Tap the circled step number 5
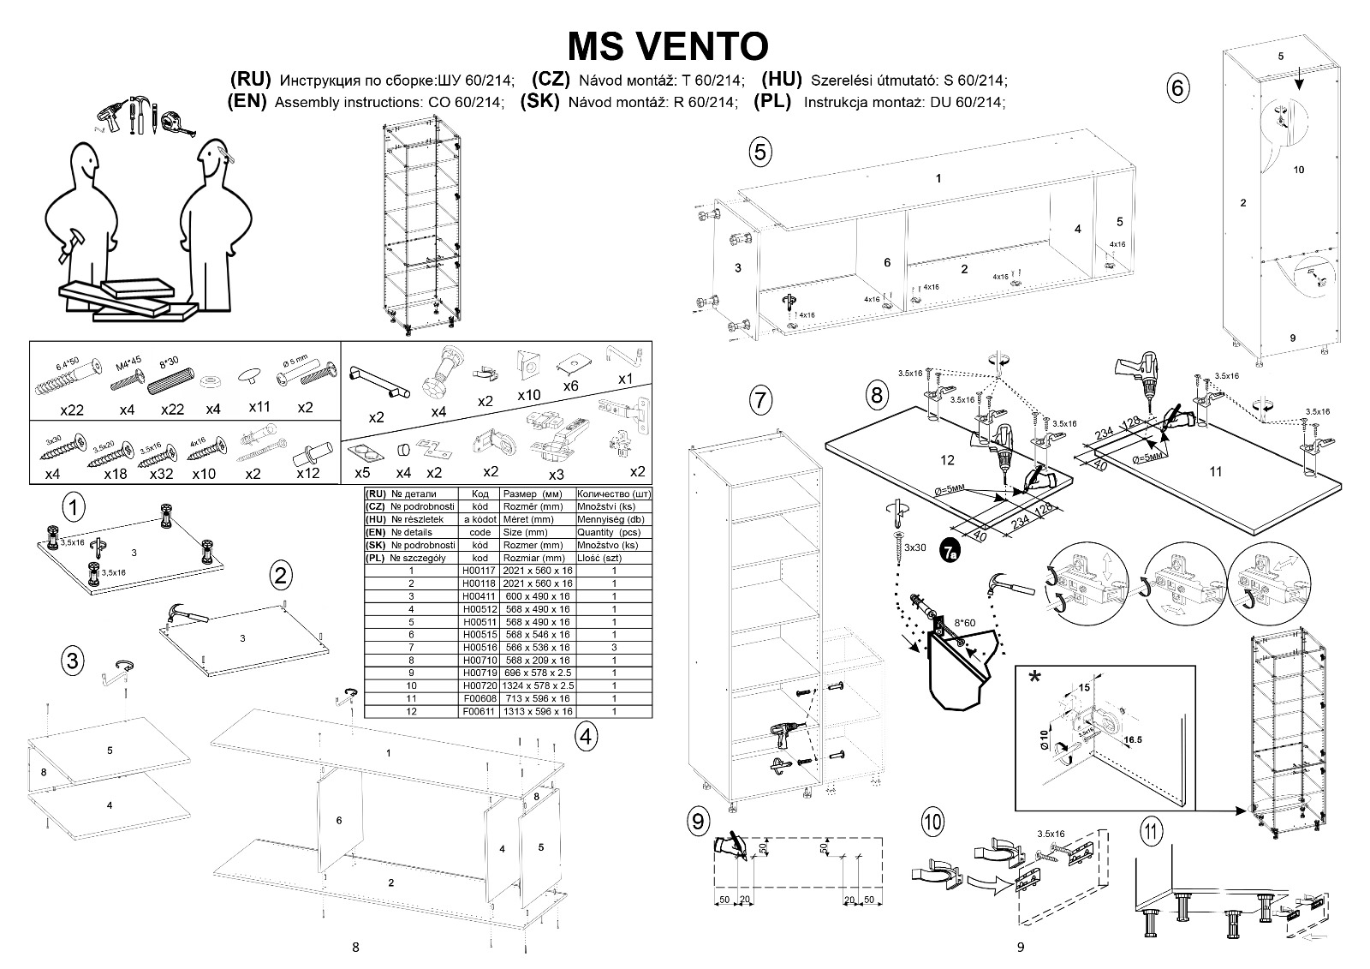(x=759, y=152)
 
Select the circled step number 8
(x=876, y=395)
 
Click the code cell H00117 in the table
(x=474, y=571)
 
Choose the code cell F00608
(x=474, y=699)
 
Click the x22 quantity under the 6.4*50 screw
(x=71, y=410)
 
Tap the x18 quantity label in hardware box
(x=116, y=474)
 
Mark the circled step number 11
(x=1153, y=830)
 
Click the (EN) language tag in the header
(x=248, y=101)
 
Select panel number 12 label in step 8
(x=946, y=460)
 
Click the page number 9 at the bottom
(x=1020, y=947)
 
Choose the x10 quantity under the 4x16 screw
(x=204, y=474)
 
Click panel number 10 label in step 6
(x=1298, y=170)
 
